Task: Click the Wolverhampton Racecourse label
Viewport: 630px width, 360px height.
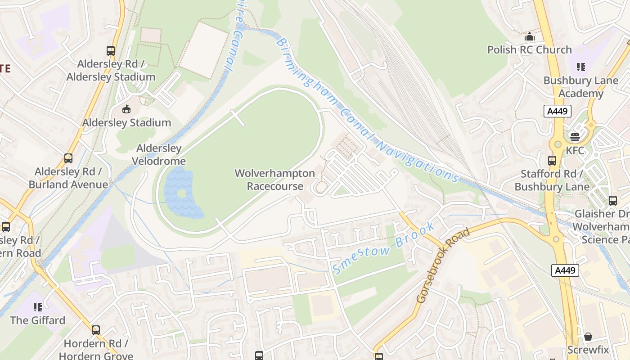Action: [x=274, y=180]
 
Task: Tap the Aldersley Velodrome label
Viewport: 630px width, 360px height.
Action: [x=159, y=154]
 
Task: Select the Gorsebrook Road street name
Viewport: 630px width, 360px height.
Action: [x=443, y=265]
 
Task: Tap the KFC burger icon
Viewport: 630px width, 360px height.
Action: [x=575, y=137]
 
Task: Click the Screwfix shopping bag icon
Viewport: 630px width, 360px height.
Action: [x=588, y=337]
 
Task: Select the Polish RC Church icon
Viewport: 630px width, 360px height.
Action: [x=530, y=36]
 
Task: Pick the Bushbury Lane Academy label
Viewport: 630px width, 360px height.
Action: [x=581, y=87]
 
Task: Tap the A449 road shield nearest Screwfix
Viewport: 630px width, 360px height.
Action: [x=565, y=270]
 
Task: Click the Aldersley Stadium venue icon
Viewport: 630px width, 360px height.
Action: [x=126, y=109]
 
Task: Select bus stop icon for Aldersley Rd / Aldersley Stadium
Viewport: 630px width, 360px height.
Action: [x=111, y=50]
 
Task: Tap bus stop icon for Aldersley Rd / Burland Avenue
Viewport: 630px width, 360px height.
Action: [x=68, y=158]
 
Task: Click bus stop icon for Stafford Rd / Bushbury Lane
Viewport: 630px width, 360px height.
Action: [x=552, y=160]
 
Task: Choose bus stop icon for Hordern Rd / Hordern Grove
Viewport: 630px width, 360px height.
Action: [x=96, y=330]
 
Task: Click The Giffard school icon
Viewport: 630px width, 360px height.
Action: [x=38, y=307]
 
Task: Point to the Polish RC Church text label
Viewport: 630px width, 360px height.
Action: [x=529, y=49]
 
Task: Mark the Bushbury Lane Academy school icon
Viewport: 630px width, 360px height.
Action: [x=581, y=67]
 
